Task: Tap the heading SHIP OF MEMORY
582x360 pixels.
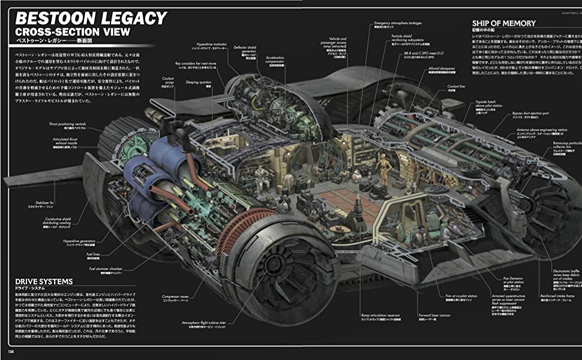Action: (x=503, y=23)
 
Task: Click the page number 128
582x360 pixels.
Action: (x=10, y=351)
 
